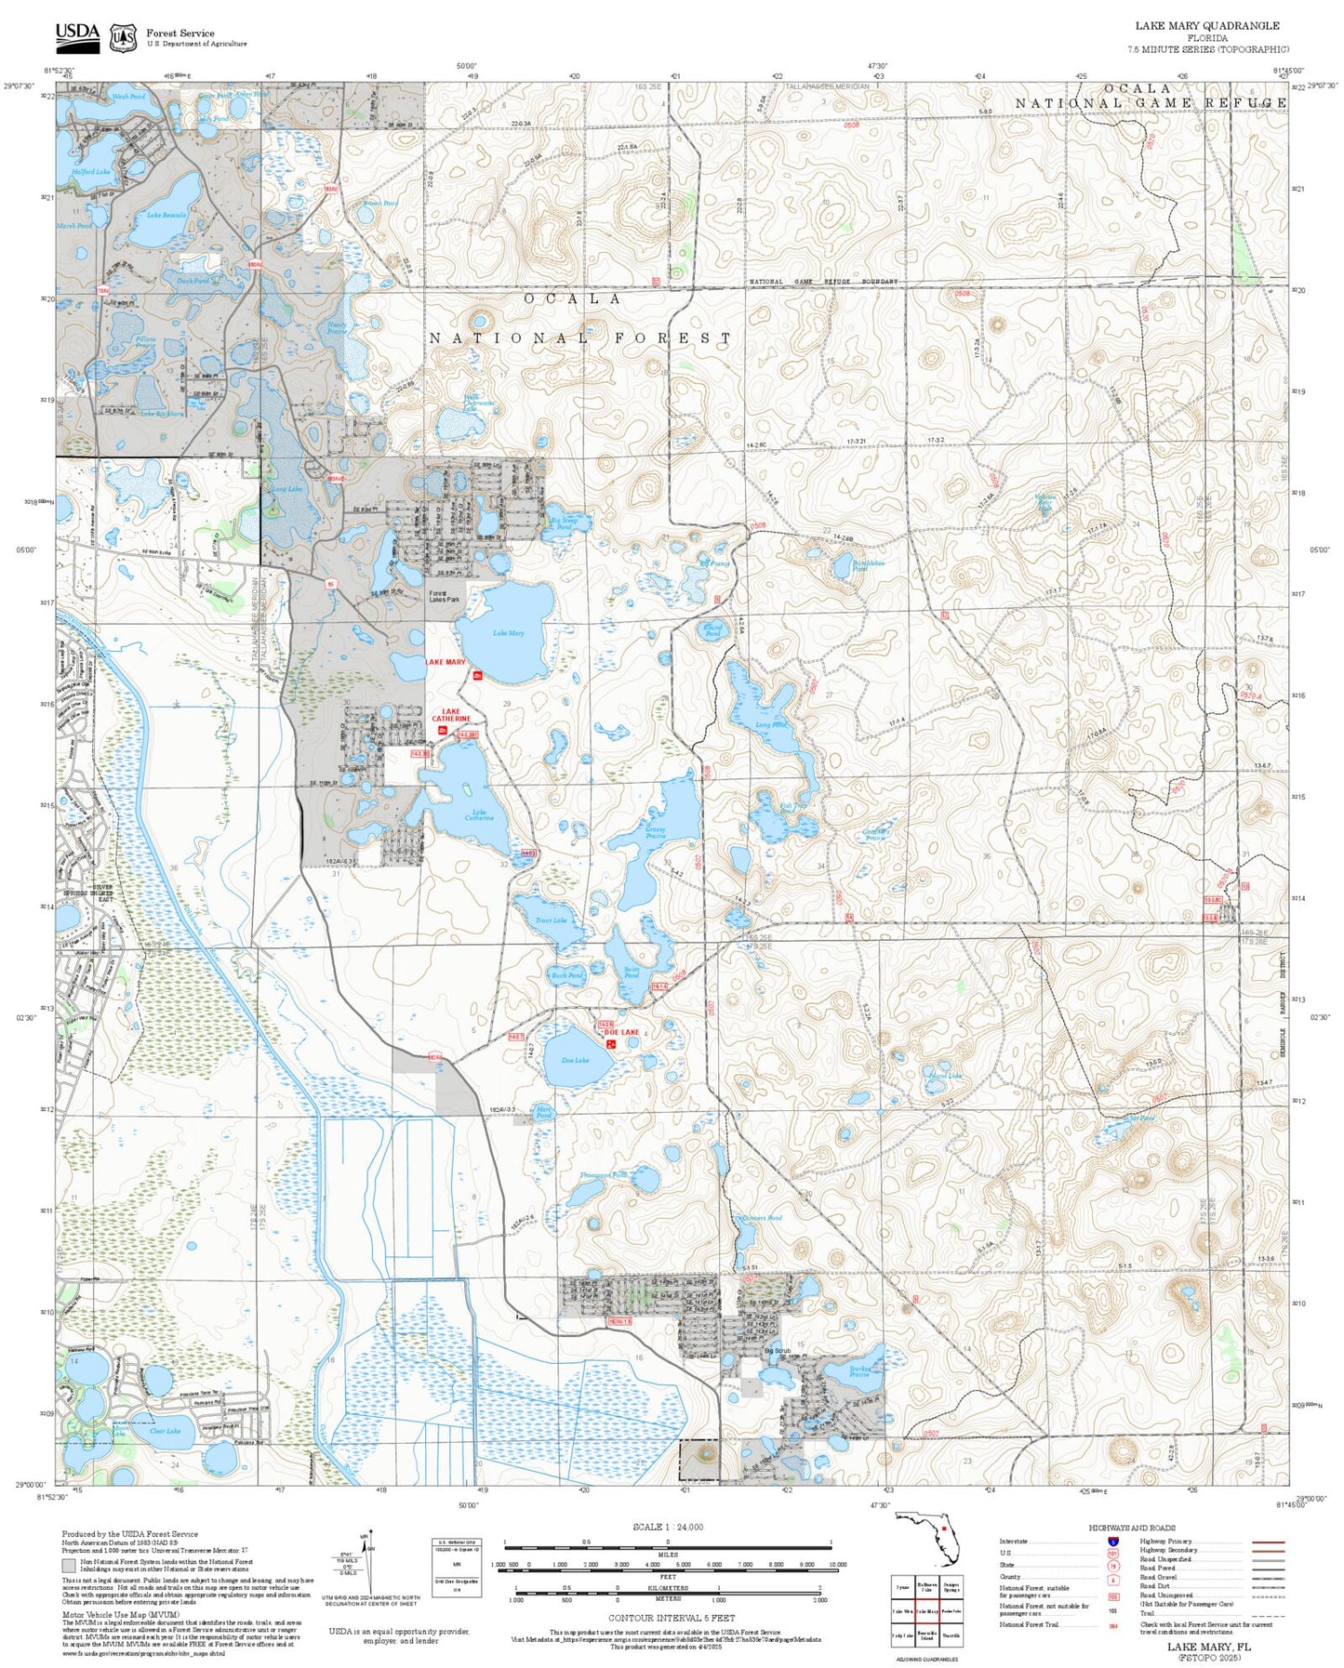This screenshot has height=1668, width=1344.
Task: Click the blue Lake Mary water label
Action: (x=508, y=633)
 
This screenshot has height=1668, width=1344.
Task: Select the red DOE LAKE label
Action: (x=621, y=1032)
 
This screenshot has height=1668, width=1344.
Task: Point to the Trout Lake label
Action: (x=551, y=920)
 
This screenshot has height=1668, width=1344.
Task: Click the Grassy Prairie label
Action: (x=656, y=832)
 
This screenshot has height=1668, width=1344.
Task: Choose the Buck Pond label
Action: (x=566, y=975)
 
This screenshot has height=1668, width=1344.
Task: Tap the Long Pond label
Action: (x=770, y=724)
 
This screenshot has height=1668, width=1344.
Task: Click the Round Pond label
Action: (x=712, y=630)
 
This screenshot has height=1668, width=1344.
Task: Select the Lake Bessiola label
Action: (x=166, y=215)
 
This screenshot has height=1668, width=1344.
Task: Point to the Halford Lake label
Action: (x=91, y=172)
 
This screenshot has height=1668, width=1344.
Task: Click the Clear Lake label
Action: (x=165, y=1431)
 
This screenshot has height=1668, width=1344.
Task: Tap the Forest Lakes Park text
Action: (x=444, y=596)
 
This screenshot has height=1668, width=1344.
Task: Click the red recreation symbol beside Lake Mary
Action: (x=477, y=675)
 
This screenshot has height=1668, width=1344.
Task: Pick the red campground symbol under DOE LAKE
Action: (x=612, y=1044)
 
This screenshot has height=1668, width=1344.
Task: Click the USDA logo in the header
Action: (x=77, y=36)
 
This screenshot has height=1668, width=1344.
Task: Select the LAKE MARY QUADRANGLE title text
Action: (x=1206, y=25)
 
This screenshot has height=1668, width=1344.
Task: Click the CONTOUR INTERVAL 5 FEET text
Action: (x=671, y=1618)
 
